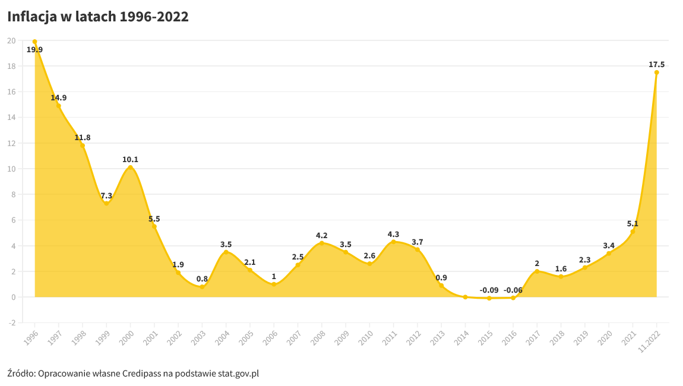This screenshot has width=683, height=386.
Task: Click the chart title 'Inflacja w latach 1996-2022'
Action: coord(98,17)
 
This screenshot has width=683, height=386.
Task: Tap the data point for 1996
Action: coord(35,42)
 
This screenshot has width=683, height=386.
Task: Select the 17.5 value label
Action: coord(656,65)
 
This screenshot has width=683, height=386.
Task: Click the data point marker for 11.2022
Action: coord(656,72)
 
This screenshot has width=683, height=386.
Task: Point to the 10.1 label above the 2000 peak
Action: coord(130,160)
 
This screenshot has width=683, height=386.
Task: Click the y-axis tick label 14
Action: coord(11,117)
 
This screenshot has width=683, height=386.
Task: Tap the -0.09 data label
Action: coord(489,290)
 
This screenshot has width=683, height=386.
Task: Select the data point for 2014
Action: coord(465,297)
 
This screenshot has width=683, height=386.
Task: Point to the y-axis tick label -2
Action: coord(12,323)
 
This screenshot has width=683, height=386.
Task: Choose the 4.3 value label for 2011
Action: coord(393,235)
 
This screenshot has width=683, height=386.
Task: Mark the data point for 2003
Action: coord(202,287)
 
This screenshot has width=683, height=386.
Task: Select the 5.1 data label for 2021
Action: coord(633,223)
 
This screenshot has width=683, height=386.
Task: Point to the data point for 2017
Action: coord(537,271)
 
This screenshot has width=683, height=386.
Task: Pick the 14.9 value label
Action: coord(58,97)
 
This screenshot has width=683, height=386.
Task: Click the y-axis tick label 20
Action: coord(11,40)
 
